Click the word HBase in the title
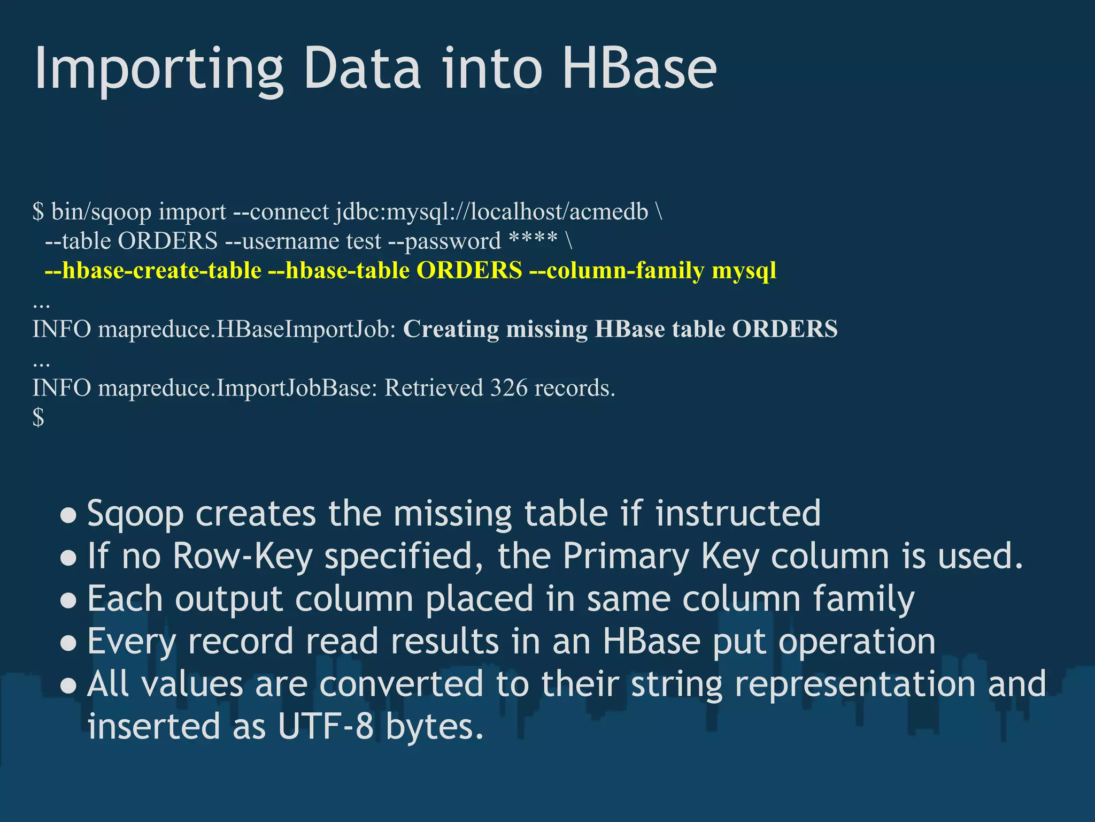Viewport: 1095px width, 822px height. [639, 68]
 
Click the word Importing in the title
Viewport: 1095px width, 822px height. [159, 68]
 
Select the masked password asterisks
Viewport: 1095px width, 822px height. [533, 241]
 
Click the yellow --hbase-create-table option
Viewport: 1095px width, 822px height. [153, 271]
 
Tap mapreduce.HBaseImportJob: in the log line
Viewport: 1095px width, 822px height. [246, 329]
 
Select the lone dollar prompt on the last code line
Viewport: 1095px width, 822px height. [38, 417]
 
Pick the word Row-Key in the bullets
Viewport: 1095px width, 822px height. [242, 556]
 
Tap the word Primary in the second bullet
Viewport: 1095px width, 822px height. [626, 556]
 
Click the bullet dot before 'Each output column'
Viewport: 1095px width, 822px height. [68, 600]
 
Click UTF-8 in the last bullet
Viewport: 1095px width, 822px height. [325, 727]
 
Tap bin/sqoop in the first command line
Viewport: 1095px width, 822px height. [101, 212]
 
